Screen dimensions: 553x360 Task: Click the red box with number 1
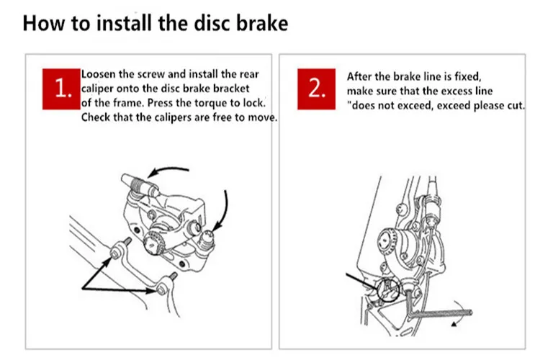(x=61, y=89)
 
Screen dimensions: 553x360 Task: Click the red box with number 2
(x=318, y=89)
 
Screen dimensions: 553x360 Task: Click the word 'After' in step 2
(x=359, y=76)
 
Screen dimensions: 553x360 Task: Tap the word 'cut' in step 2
(x=516, y=105)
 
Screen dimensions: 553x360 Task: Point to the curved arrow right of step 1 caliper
(x=225, y=205)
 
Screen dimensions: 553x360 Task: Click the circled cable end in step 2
(x=388, y=290)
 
